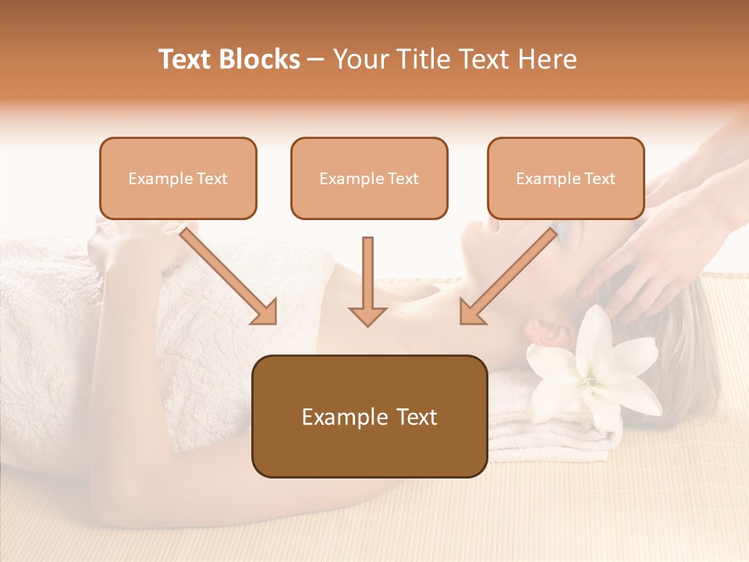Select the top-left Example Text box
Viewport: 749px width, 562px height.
178,179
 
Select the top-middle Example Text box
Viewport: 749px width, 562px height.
369,179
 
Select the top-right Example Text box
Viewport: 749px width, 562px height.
566,179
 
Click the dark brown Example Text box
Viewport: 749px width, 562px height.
369,416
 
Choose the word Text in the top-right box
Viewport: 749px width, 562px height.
599,179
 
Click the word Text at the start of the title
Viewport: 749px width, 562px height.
186,59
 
